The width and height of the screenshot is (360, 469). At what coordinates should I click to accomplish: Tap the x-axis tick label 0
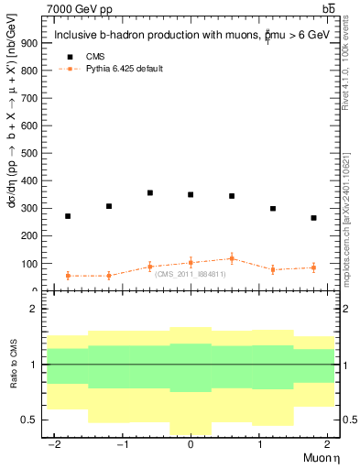[x=191, y=444]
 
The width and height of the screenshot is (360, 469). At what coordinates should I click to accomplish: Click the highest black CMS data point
[x=150, y=193]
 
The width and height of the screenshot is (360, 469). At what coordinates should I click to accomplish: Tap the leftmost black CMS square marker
[x=68, y=216]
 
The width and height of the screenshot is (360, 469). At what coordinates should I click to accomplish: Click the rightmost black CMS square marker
[x=313, y=218]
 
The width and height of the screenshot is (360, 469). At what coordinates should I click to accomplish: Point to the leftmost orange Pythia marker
[x=68, y=276]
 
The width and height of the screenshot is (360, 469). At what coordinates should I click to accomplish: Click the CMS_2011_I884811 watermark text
[x=191, y=274]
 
